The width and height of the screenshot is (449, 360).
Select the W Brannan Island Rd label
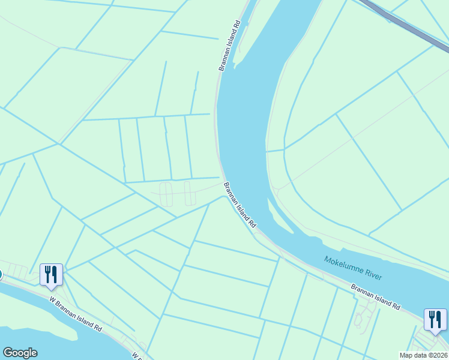coord(75,313)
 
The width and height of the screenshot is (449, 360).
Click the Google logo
coord(20,353)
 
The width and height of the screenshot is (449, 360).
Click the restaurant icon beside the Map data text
coord(434,319)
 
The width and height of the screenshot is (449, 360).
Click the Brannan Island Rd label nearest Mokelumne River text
coord(376,296)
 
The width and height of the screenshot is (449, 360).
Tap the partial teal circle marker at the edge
coord(1,275)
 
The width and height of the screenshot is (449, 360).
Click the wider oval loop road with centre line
coord(166,194)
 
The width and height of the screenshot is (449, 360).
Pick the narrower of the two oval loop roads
coord(189,193)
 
